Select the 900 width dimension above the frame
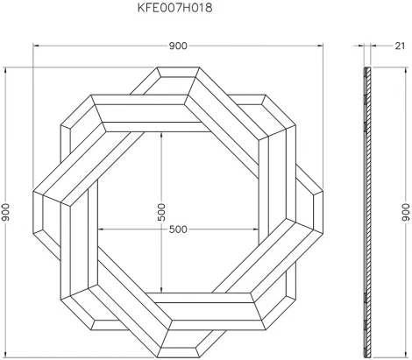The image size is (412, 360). (x=180, y=46)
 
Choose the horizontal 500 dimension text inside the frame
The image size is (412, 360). (x=180, y=229)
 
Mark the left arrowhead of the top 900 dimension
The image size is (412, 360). (x=36, y=46)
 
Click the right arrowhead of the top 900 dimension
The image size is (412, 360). (x=324, y=46)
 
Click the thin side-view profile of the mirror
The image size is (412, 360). (x=364, y=210)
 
